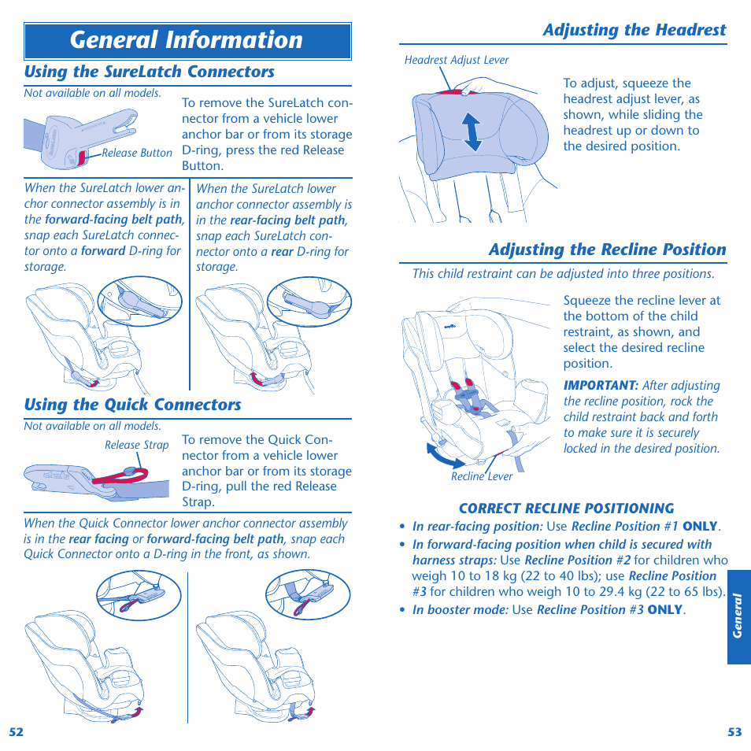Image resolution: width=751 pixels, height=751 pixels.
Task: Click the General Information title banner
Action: click(187, 41)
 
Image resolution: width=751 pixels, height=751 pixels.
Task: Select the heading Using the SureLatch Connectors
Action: click(150, 72)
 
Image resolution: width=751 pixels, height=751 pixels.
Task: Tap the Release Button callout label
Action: click(137, 154)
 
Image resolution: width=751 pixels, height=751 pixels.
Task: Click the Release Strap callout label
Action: click(136, 445)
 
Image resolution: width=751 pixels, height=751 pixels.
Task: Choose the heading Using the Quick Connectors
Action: click(132, 405)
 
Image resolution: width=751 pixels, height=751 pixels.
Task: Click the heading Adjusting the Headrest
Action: click(634, 30)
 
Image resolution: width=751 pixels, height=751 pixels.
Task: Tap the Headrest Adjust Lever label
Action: click(457, 60)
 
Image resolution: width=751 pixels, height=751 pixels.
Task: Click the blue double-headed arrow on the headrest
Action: click(471, 131)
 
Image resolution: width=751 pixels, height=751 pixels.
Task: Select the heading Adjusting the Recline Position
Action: click(607, 250)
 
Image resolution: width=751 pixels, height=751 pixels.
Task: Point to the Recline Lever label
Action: click(482, 476)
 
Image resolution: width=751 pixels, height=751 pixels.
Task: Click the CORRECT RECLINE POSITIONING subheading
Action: click(566, 509)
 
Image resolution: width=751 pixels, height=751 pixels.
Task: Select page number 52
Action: click(17, 731)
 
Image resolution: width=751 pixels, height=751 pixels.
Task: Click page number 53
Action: click(734, 731)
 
